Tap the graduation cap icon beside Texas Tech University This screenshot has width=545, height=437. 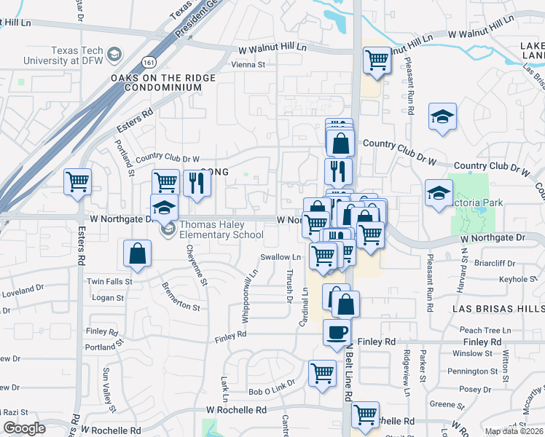114,55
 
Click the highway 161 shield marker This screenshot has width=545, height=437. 149,62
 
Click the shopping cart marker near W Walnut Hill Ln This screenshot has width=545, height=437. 377,60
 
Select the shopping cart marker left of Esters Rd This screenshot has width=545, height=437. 77,182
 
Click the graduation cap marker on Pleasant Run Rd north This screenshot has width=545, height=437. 442,117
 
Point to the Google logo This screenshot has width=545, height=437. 24,428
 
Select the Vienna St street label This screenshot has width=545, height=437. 248,65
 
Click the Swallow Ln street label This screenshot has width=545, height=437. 281,257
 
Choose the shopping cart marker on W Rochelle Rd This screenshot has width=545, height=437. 365,415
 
